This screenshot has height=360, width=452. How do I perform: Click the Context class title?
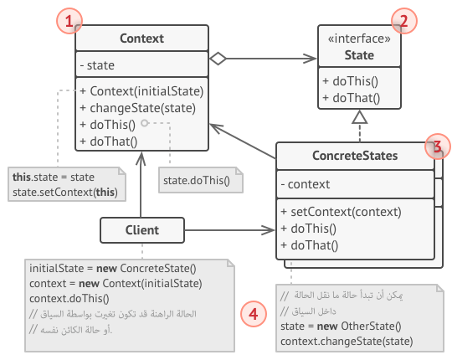[141, 39]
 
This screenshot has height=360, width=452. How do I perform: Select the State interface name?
[359, 55]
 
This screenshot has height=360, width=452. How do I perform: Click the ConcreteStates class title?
[355, 156]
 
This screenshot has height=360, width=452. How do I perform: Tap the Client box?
[141, 228]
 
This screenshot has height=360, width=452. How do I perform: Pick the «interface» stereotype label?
[359, 40]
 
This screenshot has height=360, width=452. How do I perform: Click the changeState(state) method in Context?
[137, 107]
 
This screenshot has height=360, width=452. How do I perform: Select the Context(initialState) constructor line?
[141, 90]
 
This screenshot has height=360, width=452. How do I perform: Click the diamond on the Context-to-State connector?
[218, 59]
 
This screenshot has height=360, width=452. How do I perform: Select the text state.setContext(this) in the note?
[64, 192]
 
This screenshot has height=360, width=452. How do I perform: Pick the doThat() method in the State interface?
[351, 98]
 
